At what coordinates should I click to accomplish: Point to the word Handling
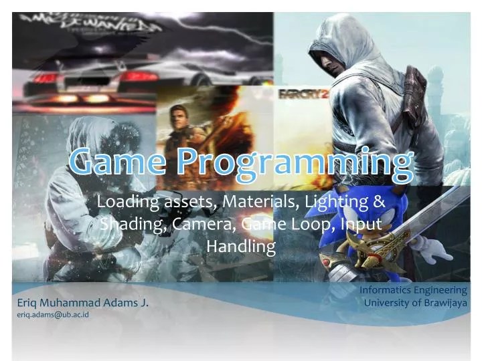point(241,247)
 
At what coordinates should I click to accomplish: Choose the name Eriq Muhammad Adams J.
point(82,303)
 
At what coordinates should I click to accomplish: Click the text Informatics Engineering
point(413,290)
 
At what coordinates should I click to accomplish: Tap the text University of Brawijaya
point(415,302)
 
